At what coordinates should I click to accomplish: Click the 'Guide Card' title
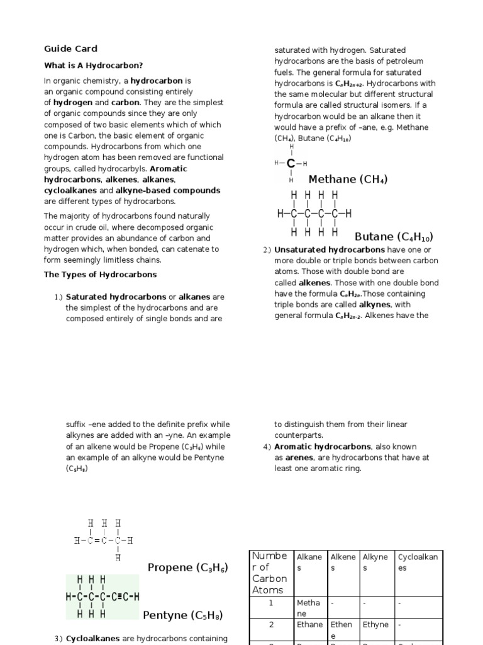(70, 49)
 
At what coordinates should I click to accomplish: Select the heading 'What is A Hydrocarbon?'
(93, 65)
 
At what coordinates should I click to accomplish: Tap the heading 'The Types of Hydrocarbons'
(100, 275)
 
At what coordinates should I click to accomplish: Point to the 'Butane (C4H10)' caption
(394, 237)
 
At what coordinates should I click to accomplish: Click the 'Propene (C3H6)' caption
(187, 568)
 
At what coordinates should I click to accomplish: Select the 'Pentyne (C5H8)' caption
(182, 615)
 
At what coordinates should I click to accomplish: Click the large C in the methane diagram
(291, 164)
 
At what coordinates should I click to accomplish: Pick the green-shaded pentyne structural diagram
(102, 596)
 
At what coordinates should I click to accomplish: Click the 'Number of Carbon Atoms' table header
(270, 573)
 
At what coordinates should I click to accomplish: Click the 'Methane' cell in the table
(309, 608)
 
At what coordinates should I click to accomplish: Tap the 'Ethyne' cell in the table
(375, 625)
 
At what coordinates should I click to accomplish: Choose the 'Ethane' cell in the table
(309, 625)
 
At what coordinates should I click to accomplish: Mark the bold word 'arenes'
(299, 458)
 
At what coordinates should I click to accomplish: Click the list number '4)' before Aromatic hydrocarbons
(267, 447)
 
